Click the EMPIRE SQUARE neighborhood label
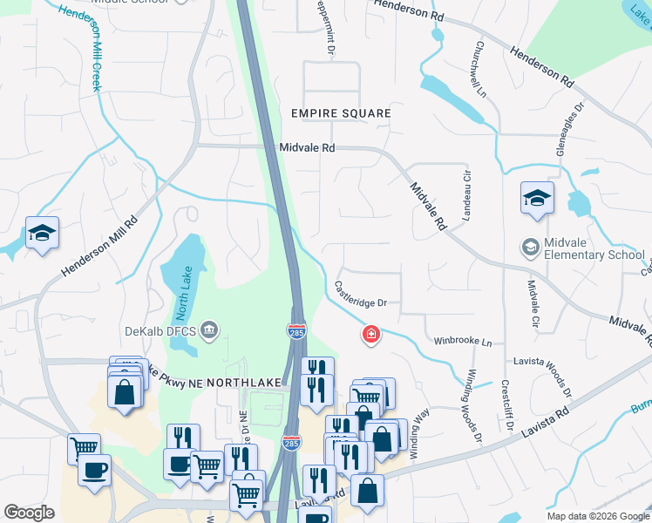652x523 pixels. [341, 114]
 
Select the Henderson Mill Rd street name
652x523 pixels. [100, 247]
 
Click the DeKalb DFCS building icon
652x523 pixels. [209, 329]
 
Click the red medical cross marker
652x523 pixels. [371, 334]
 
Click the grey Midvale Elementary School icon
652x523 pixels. [530, 248]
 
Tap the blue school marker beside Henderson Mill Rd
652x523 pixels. [42, 234]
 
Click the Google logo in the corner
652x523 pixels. [29, 512]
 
